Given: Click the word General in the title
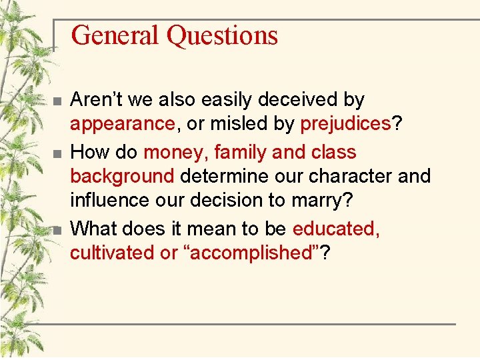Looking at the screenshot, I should click(116, 35).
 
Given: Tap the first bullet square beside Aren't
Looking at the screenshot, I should click(57, 102).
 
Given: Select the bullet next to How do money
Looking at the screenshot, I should click(57, 154).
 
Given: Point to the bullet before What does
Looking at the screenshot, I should click(57, 230).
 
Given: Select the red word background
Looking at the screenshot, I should click(122, 177).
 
